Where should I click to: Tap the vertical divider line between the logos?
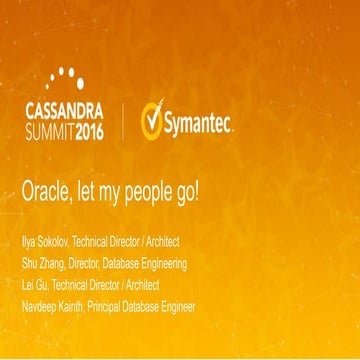[124, 121]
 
